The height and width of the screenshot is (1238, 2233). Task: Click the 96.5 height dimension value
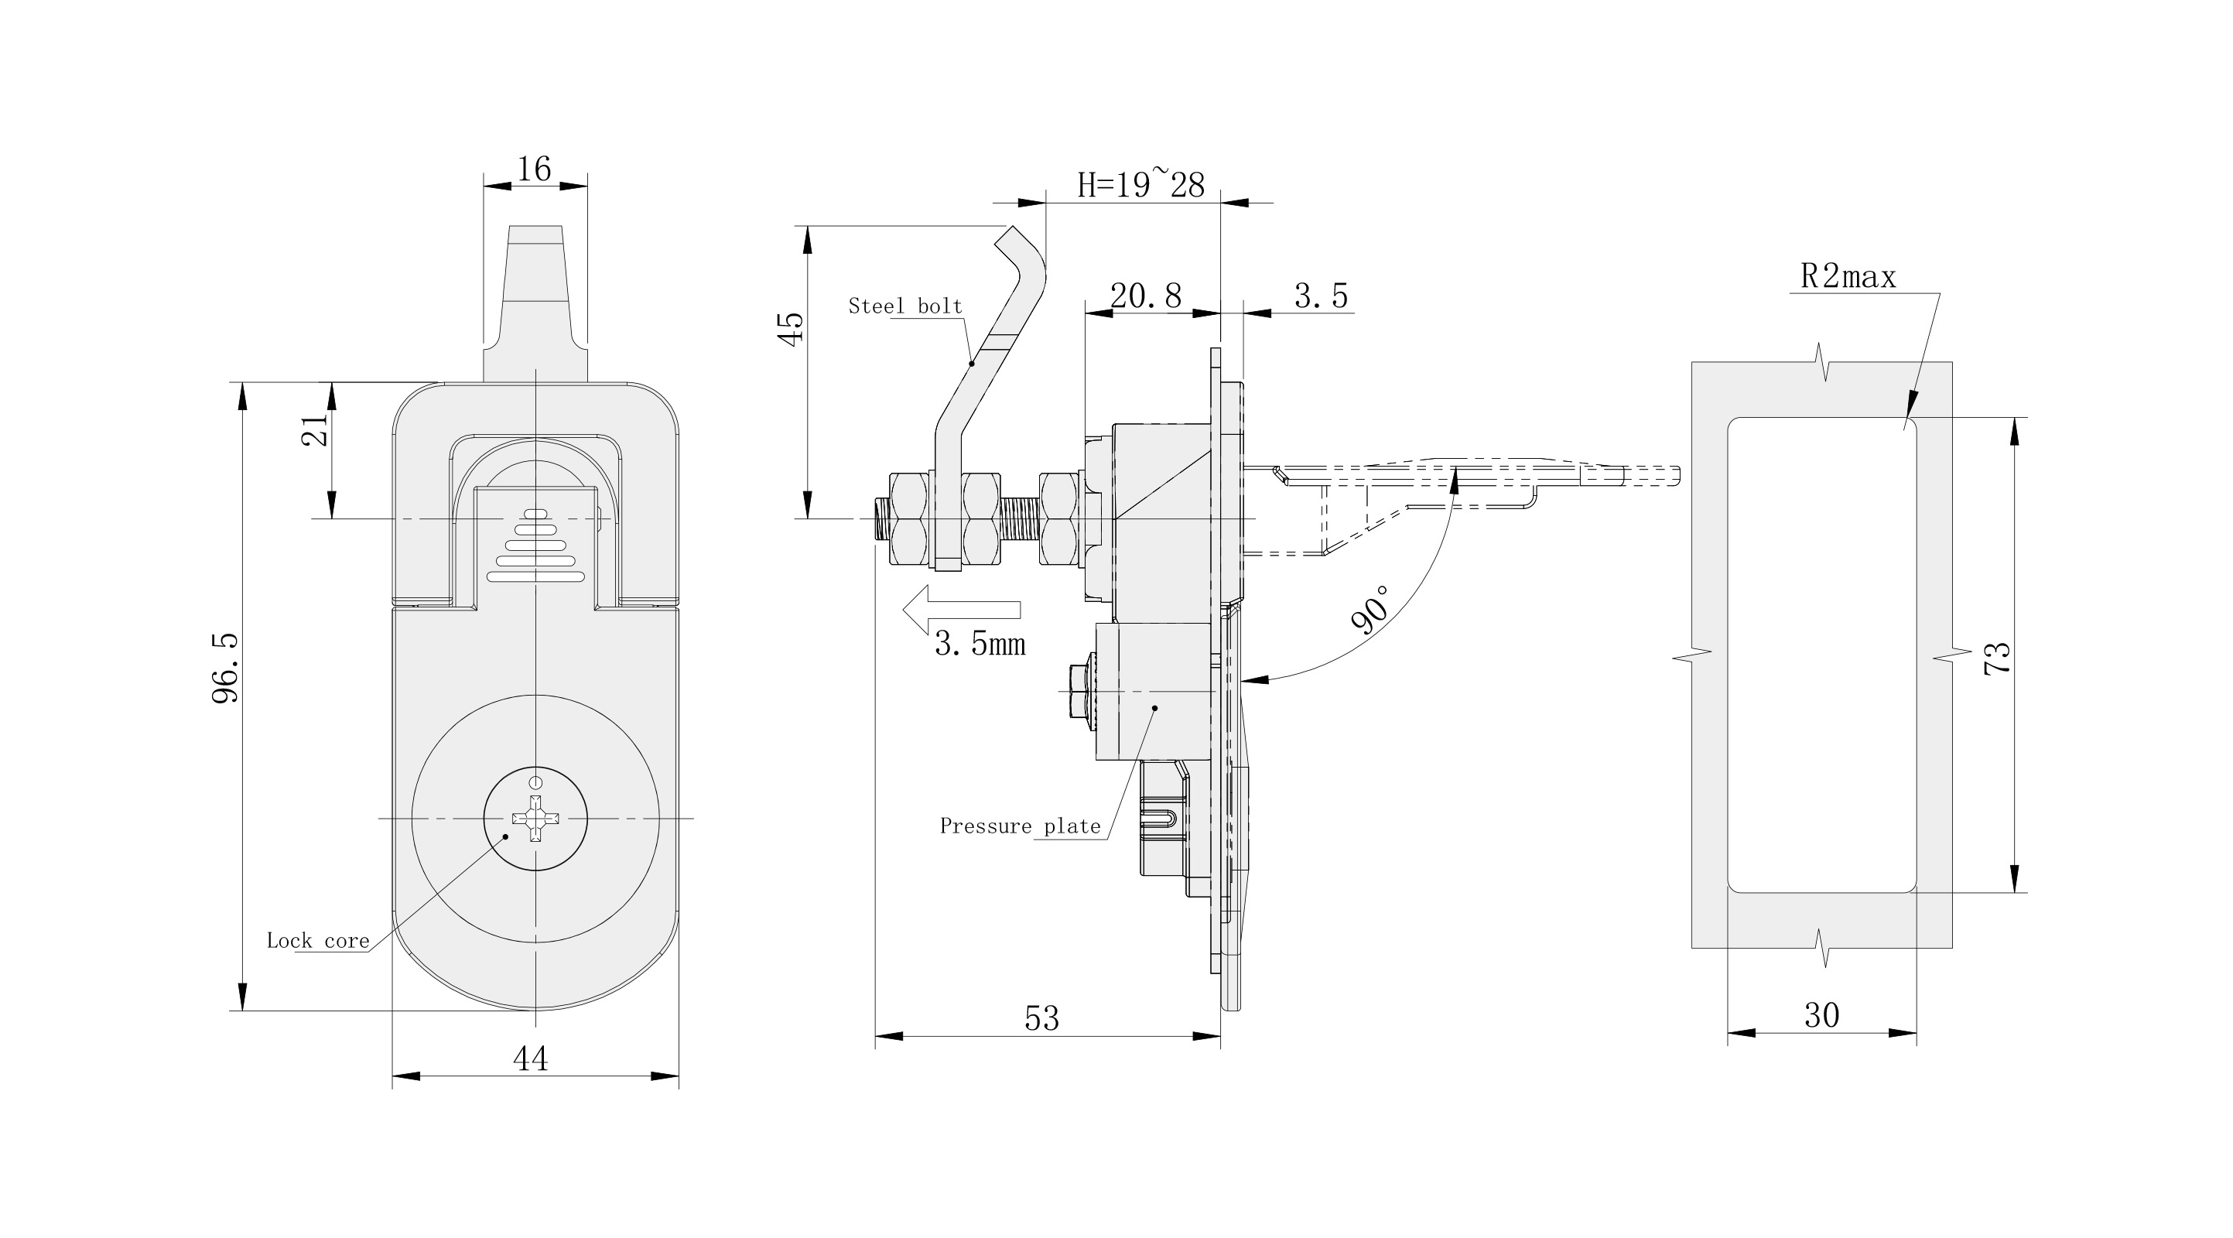click(x=225, y=668)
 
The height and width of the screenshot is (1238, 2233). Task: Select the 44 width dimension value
click(x=531, y=1058)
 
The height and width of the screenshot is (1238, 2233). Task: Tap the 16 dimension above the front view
click(x=534, y=169)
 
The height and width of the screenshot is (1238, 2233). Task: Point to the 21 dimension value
click(x=316, y=430)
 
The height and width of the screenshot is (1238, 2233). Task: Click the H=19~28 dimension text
click(x=1140, y=185)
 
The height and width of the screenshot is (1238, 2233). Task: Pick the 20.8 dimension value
click(x=1145, y=296)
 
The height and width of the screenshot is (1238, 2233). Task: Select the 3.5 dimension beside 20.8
click(x=1320, y=296)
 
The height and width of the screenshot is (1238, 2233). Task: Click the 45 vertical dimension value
click(x=792, y=330)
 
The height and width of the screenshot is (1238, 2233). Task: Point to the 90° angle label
click(x=1370, y=610)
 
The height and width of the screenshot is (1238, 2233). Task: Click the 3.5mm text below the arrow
click(x=980, y=644)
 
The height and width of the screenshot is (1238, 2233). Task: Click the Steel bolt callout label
click(x=905, y=306)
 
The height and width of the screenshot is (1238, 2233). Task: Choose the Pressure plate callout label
click(x=1020, y=826)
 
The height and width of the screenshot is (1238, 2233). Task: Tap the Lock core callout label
click(x=317, y=941)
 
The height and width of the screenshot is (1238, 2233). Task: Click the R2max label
click(x=1848, y=276)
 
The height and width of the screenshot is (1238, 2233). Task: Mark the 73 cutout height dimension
click(x=1997, y=658)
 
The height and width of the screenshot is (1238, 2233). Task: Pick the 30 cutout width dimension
click(x=1821, y=1015)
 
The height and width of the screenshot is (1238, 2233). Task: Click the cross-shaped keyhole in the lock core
click(x=535, y=818)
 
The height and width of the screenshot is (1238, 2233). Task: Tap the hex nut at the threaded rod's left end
click(x=907, y=519)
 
